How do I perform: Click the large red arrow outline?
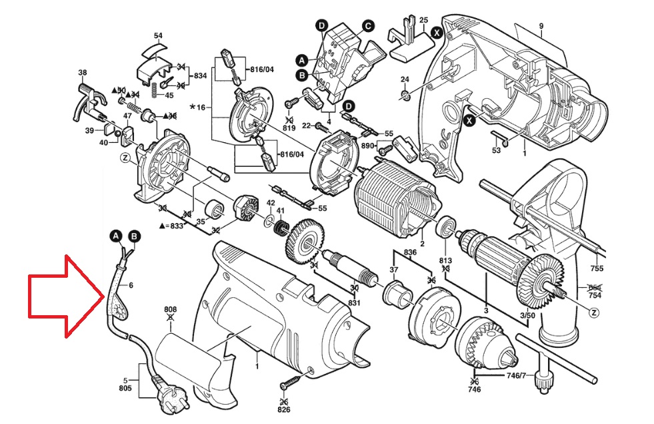pyautogui.click(x=63, y=294)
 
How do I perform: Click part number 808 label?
pyautogui.click(x=171, y=310)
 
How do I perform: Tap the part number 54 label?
pyautogui.click(x=158, y=35)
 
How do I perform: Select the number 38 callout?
pyautogui.click(x=83, y=72)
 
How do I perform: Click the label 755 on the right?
pyautogui.click(x=597, y=268)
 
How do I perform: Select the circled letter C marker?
pyautogui.click(x=367, y=26)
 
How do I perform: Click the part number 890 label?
pyautogui.click(x=368, y=145)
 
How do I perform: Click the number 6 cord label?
pyautogui.click(x=131, y=285)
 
